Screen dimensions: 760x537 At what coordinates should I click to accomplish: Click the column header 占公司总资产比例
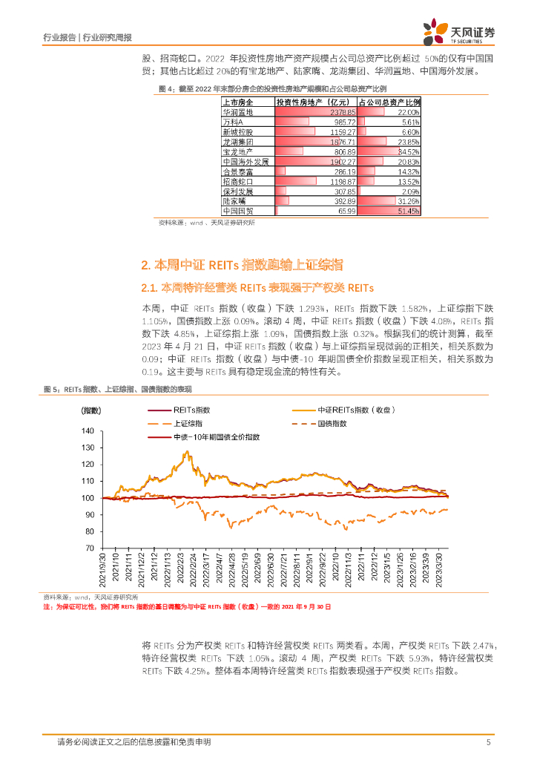tap(389, 102)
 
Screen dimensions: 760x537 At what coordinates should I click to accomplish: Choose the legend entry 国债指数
tap(332, 423)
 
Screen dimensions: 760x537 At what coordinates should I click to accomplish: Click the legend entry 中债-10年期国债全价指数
tap(215, 437)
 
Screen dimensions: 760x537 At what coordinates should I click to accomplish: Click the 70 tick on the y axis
tap(90, 548)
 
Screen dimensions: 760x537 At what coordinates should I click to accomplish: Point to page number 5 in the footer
tap(487, 742)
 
